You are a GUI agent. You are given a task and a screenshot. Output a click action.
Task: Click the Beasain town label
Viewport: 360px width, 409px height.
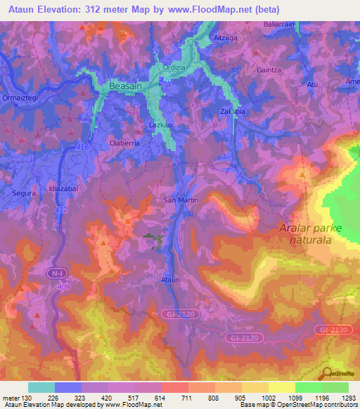click(126, 86)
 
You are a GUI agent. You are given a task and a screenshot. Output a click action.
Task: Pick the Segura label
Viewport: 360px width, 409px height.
click(23, 191)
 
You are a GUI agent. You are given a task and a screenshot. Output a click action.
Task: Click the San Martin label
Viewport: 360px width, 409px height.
click(181, 200)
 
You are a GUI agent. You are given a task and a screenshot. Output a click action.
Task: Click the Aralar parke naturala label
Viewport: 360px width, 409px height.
click(309, 234)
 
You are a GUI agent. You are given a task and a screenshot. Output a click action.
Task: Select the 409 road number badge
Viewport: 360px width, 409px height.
click(64, 286)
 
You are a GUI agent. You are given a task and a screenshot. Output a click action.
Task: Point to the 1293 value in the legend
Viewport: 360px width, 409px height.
click(348, 398)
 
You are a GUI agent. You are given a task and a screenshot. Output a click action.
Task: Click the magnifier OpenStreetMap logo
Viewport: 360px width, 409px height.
click(327, 373)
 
